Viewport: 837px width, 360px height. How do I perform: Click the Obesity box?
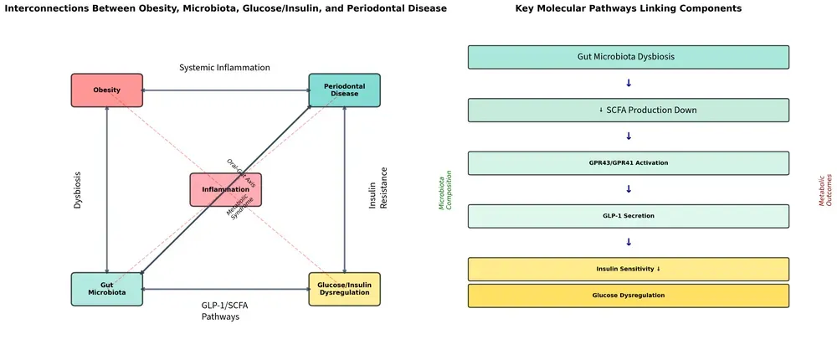tap(106, 90)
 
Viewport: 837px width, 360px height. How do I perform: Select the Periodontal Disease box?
tap(344, 90)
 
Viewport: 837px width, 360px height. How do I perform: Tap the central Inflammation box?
tap(225, 190)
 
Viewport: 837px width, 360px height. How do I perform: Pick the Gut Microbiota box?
tap(106, 289)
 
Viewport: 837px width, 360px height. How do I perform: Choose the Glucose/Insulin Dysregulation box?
tap(344, 289)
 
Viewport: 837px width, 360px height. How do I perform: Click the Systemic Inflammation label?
tap(224, 68)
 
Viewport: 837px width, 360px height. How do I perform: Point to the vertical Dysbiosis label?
tap(78, 190)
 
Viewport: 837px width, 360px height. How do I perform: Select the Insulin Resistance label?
tap(378, 189)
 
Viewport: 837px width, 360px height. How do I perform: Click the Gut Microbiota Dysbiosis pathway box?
tap(628, 57)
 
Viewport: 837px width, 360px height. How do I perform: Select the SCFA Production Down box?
tap(628, 111)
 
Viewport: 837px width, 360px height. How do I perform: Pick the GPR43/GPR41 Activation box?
tap(628, 163)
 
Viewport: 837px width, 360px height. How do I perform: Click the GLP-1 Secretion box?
tap(628, 216)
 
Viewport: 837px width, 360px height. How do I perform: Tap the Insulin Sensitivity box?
tap(628, 269)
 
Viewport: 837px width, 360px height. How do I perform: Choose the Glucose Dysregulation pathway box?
tap(628, 296)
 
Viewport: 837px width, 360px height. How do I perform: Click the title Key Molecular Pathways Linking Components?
tap(628, 8)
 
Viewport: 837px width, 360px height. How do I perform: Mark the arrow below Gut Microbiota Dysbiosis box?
tap(629, 83)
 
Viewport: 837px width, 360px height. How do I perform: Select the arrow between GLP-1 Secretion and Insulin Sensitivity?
tap(629, 242)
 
